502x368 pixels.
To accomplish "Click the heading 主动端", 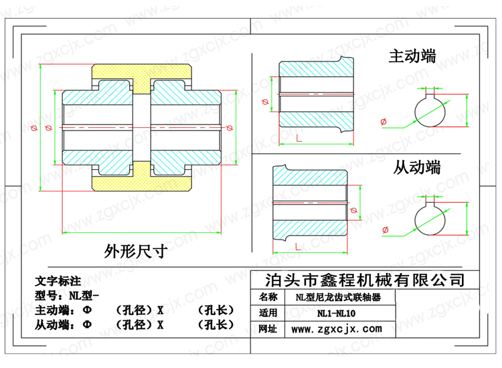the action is pyautogui.click(x=412, y=56).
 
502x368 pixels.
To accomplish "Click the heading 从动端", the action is pyautogui.click(x=417, y=167).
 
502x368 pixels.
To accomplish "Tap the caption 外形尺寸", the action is pyautogui.click(x=135, y=251).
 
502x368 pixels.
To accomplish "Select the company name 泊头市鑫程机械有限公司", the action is pyautogui.click(x=365, y=280).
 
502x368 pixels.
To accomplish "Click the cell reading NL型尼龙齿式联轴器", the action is pyautogui.click(x=338, y=297).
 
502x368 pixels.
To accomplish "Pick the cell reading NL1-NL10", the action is pyautogui.click(x=336, y=313).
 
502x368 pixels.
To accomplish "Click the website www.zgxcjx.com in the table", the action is pyautogui.click(x=337, y=329).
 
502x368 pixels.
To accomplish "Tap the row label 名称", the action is pyautogui.click(x=268, y=297).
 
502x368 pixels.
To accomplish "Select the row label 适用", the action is pyautogui.click(x=268, y=312).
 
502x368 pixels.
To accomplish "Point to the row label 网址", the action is pyautogui.click(x=268, y=329).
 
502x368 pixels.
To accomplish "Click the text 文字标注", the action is pyautogui.click(x=58, y=281).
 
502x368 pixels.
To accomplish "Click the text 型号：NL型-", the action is pyautogui.click(x=66, y=295).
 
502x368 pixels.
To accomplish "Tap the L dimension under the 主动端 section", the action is pyautogui.click(x=299, y=139).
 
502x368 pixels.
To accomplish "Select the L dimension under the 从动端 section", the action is pyautogui.click(x=298, y=246).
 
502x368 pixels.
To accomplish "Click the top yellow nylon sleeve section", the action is pyautogui.click(x=141, y=72).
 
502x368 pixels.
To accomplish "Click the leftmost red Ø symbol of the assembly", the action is pyautogui.click(x=34, y=128).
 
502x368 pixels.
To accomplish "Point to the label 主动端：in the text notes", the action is pyautogui.click(x=55, y=310).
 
